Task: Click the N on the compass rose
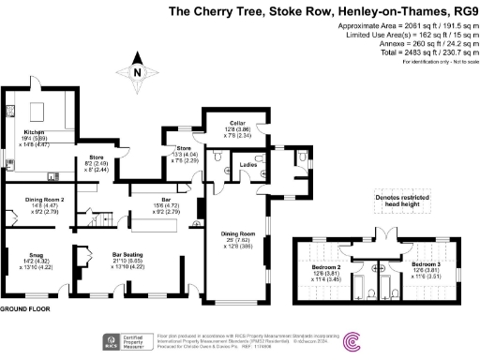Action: tap(137, 73)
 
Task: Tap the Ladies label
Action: tap(248, 165)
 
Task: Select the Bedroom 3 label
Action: tap(427, 265)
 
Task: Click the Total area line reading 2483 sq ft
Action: tap(412, 53)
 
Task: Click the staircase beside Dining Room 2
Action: tap(98, 223)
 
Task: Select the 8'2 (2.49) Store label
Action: tap(95, 165)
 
